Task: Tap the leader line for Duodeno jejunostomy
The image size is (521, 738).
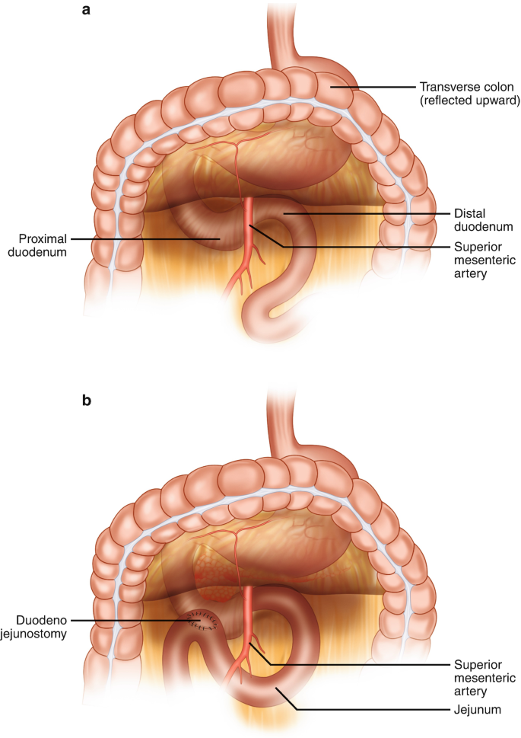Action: [137, 620]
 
